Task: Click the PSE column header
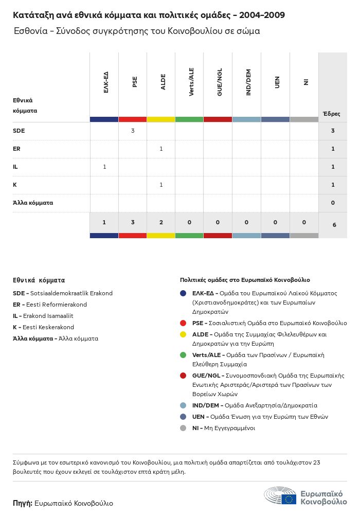pyautogui.click(x=135, y=82)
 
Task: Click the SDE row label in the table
pyautogui.click(x=19, y=131)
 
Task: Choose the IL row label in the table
pyautogui.click(x=15, y=167)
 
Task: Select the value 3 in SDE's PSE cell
pyautogui.click(x=133, y=131)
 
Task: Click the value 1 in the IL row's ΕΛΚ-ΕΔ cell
pyautogui.click(x=104, y=167)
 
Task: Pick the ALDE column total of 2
pyautogui.click(x=161, y=222)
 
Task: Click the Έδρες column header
pyautogui.click(x=331, y=114)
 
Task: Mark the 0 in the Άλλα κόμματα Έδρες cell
pyautogui.click(x=333, y=203)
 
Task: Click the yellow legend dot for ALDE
pyautogui.click(x=183, y=334)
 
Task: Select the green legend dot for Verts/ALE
pyautogui.click(x=183, y=355)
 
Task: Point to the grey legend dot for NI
pyautogui.click(x=183, y=428)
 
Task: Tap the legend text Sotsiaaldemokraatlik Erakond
pyautogui.click(x=71, y=293)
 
